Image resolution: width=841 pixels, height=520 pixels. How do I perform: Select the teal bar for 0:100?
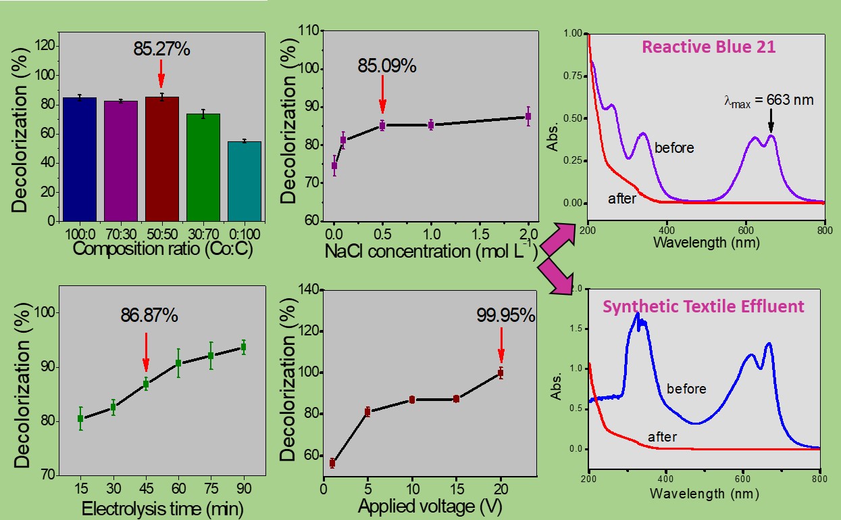244,181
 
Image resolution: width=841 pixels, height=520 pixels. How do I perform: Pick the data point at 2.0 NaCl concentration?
528,116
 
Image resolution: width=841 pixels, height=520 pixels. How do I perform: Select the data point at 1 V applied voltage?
332,463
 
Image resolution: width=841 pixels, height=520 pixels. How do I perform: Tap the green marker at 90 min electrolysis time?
243,347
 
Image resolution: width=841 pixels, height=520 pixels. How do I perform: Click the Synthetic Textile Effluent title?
703,306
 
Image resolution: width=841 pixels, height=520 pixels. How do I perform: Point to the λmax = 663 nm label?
765,100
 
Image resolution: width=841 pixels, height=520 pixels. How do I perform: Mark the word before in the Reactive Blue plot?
673,147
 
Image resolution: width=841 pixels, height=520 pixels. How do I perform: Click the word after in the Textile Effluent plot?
662,438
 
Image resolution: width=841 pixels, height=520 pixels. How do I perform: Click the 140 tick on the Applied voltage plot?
307,290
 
